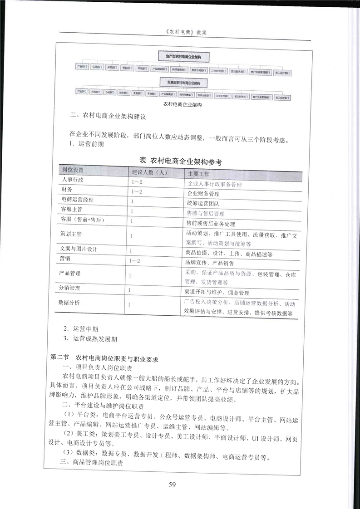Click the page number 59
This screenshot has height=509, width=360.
172,485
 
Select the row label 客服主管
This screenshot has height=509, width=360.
71,210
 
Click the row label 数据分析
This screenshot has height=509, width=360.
69,302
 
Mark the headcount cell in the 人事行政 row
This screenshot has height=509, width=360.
136,182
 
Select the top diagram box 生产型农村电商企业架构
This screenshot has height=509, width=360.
183,56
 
